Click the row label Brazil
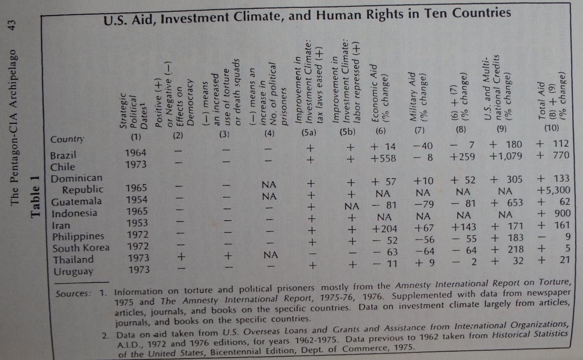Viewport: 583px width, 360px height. point(64,155)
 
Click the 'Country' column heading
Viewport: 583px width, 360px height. point(67,139)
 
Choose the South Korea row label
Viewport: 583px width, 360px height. point(80,247)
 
